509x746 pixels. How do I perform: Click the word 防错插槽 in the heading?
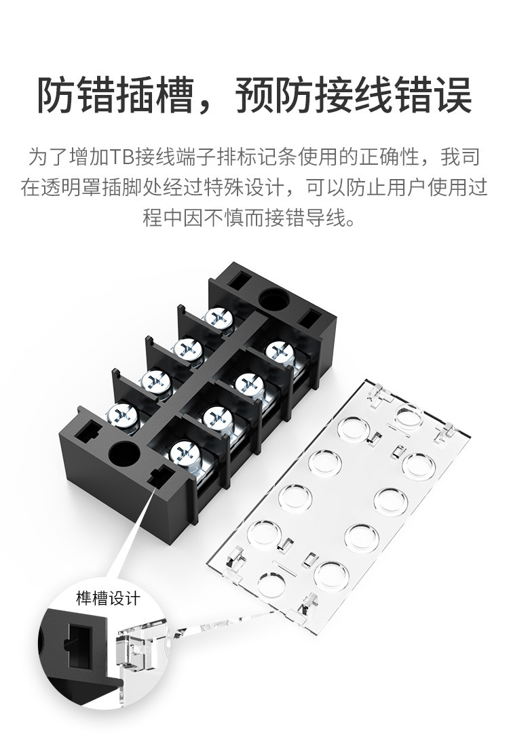tap(115, 95)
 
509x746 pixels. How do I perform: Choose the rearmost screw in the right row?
tap(278, 351)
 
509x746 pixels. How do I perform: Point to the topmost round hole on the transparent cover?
tap(409, 416)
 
